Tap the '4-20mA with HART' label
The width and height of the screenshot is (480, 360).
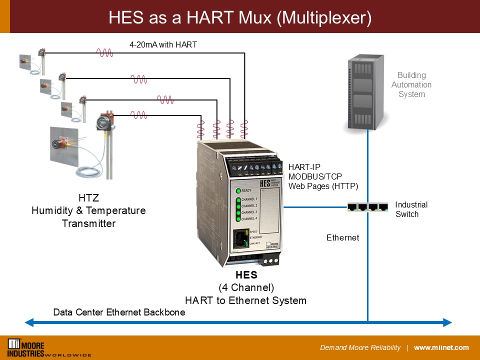163,44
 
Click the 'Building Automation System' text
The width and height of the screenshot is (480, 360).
411,84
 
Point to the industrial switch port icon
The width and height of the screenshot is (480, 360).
367,206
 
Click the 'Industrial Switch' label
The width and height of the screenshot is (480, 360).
411,209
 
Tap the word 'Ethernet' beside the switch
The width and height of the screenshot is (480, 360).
342,238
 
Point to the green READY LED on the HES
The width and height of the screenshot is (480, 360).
238,190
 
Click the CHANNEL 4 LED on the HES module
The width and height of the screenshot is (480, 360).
238,218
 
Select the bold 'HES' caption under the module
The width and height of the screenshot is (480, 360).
246,275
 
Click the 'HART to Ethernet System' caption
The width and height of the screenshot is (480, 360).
245,300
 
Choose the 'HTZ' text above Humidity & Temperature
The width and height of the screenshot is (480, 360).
88,198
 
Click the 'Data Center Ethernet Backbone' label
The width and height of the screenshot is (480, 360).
119,312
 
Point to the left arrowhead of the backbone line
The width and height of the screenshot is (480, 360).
29,322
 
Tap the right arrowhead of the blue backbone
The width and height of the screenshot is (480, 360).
447,322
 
